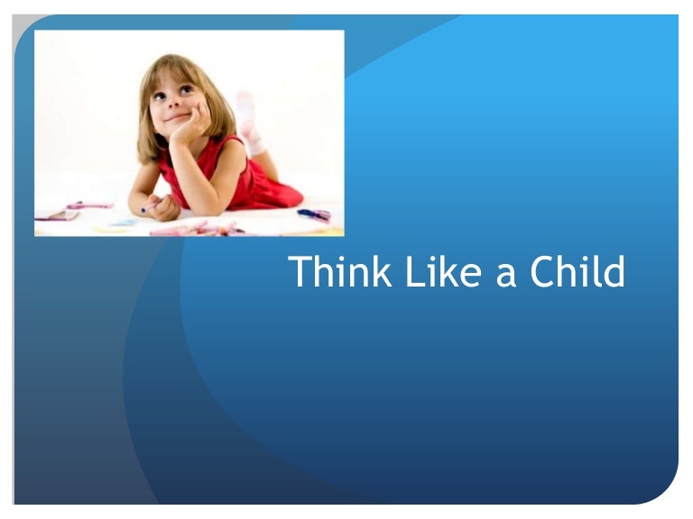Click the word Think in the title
(x=339, y=272)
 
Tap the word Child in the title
(x=577, y=272)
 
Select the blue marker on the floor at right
(x=313, y=214)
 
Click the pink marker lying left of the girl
(x=89, y=205)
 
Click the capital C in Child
(x=544, y=272)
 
